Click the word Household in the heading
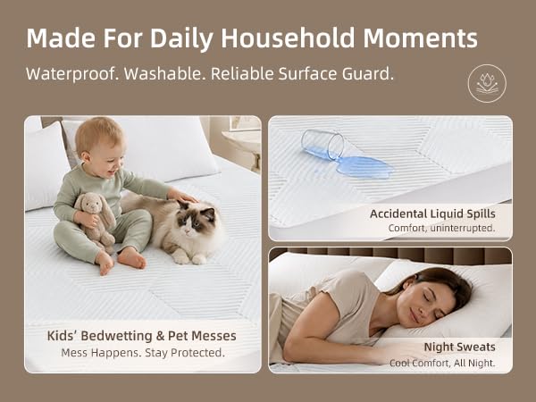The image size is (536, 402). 288,38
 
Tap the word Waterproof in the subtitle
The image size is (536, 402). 72,74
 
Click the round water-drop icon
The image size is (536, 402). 487,83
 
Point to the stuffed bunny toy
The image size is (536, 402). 95,219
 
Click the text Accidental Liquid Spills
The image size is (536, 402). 432,214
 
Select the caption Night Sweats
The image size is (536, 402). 459,347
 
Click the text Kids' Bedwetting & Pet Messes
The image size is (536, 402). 141,336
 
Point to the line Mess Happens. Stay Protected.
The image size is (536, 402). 143,353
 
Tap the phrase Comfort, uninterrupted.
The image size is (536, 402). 441,228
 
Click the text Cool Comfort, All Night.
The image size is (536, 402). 442,363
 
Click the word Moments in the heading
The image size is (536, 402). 420,38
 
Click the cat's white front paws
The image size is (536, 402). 189,258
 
